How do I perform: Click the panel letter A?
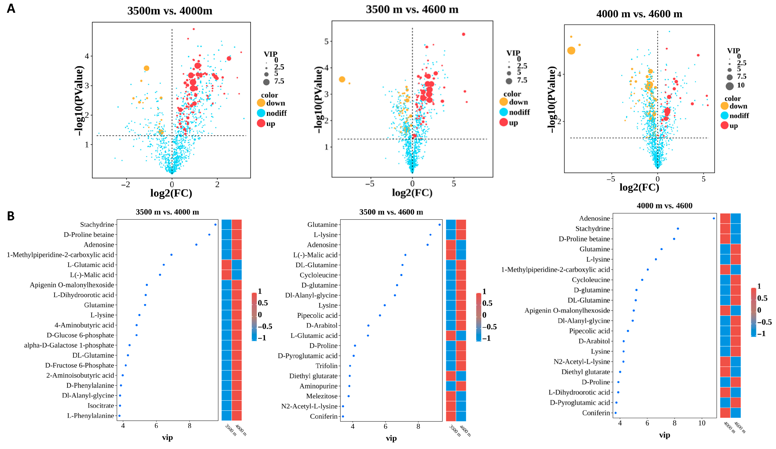tap(11, 8)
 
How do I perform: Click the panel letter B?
tap(11, 216)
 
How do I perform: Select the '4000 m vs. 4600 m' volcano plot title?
tap(639, 14)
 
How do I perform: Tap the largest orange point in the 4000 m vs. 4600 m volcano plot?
tap(571, 51)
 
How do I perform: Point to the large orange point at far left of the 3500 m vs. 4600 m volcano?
tap(342, 79)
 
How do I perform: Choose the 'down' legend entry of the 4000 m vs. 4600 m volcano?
tap(738, 106)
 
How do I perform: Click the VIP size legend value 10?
tap(741, 85)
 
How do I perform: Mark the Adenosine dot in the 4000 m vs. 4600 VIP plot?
tap(714, 218)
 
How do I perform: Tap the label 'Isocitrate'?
tap(101, 406)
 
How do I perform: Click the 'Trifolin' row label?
tap(326, 366)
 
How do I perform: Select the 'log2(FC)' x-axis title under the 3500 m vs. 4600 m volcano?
tap(412, 193)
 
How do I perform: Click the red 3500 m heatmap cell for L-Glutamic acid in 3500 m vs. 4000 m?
tap(227, 265)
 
